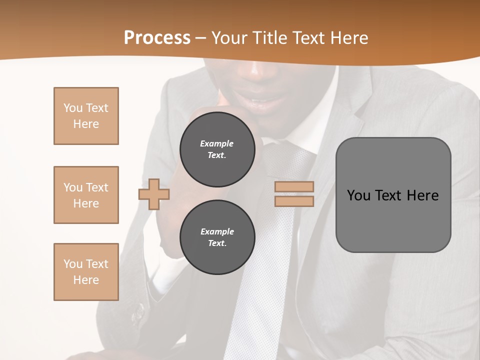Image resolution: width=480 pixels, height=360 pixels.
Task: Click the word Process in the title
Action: pyautogui.click(x=157, y=38)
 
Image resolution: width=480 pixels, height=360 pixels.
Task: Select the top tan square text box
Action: pyautogui.click(x=86, y=116)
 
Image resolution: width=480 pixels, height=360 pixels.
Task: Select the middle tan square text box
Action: pyautogui.click(x=86, y=195)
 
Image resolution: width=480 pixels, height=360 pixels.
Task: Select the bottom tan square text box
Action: pyautogui.click(x=86, y=272)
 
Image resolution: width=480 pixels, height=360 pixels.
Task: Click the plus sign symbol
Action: pyautogui.click(x=154, y=194)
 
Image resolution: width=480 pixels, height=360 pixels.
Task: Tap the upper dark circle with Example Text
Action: pyautogui.click(x=217, y=149)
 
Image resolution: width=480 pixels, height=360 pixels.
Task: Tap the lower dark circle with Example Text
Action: pyautogui.click(x=217, y=237)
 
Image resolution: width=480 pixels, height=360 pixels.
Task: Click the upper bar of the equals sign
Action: pyautogui.click(x=294, y=187)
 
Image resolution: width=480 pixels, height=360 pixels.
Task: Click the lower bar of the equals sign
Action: pyautogui.click(x=294, y=201)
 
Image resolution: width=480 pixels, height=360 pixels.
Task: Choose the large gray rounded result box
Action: pyautogui.click(x=393, y=195)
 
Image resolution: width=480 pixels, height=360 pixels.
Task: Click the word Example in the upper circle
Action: pyautogui.click(x=217, y=143)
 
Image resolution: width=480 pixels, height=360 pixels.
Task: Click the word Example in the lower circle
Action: pyautogui.click(x=217, y=231)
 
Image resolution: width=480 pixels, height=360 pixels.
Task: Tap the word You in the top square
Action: pyautogui.click(x=72, y=108)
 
